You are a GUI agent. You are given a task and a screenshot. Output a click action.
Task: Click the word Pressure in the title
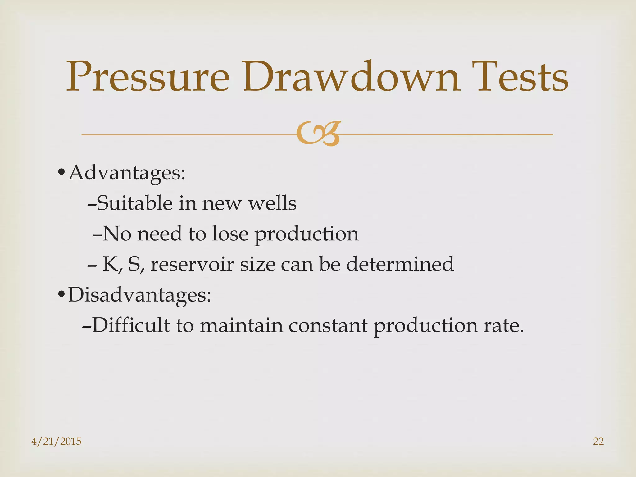coord(148,77)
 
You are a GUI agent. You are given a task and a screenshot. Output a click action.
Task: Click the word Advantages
coord(127,173)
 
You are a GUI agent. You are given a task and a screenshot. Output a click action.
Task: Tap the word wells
coord(272,203)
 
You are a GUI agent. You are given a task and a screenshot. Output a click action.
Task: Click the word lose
coord(230,234)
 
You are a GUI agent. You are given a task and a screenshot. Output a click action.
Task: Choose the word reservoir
coord(192,264)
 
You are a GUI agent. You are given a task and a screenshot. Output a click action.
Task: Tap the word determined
coord(400,264)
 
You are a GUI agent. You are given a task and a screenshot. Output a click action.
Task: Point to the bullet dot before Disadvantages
coord(61,294)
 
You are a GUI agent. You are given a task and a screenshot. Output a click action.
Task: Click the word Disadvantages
coord(139,294)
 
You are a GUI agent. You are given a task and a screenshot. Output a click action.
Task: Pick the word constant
coord(328,325)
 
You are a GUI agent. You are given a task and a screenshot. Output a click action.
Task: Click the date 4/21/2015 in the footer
coord(56,441)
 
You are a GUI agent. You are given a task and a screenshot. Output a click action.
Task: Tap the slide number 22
coord(598,441)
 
